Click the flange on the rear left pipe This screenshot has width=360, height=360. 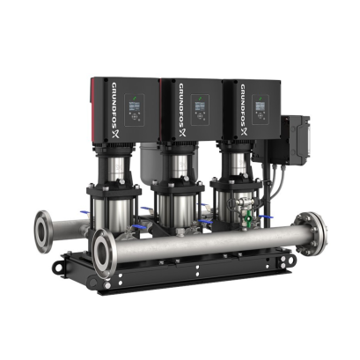coord(45,231)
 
